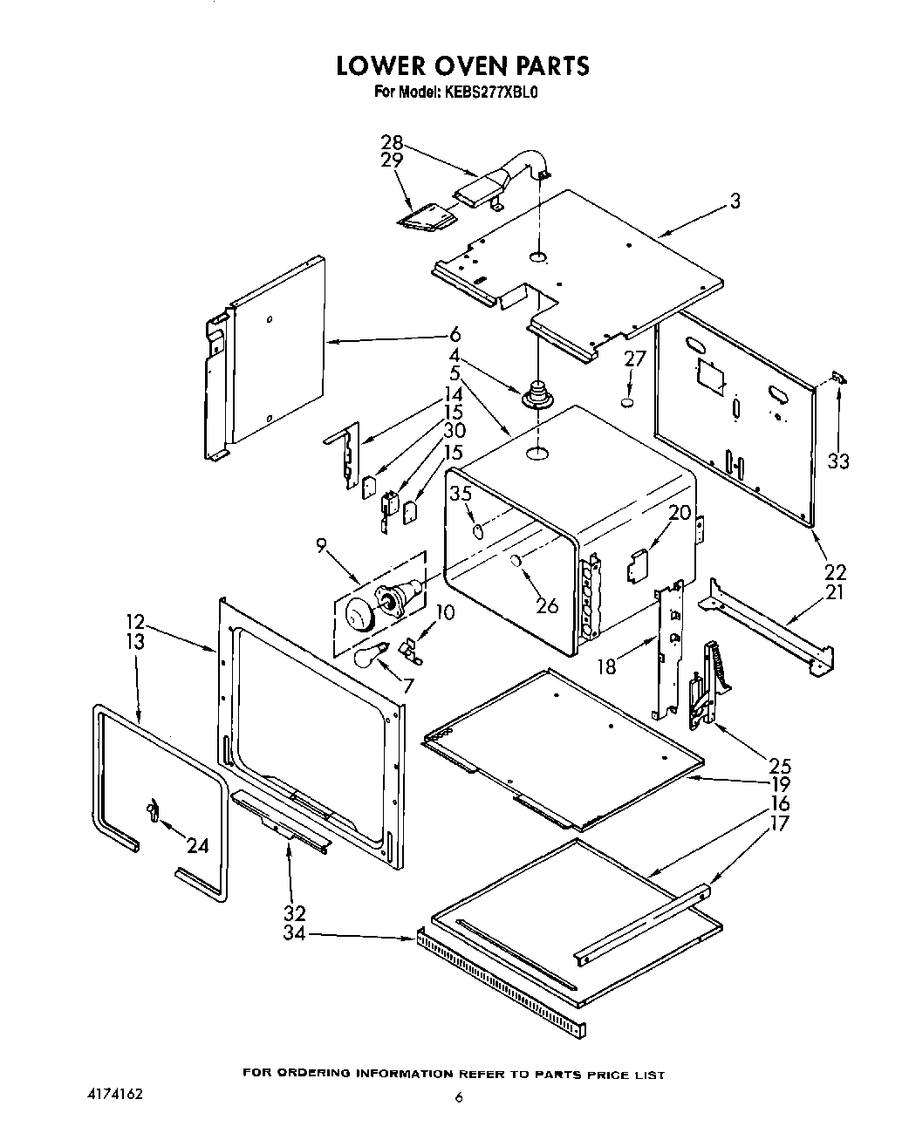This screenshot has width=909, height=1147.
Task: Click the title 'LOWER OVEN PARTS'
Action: [462, 65]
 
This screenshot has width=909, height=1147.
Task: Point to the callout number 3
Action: [735, 201]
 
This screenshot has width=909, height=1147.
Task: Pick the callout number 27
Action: [634, 359]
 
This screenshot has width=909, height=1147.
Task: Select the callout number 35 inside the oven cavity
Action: [461, 494]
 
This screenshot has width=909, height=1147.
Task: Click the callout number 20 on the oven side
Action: [680, 513]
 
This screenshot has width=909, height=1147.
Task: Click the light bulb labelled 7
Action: [371, 654]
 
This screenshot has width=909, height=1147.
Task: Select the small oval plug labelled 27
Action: [625, 402]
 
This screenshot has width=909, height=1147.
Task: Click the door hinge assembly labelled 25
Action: [705, 685]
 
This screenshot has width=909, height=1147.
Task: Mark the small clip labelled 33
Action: [839, 377]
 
